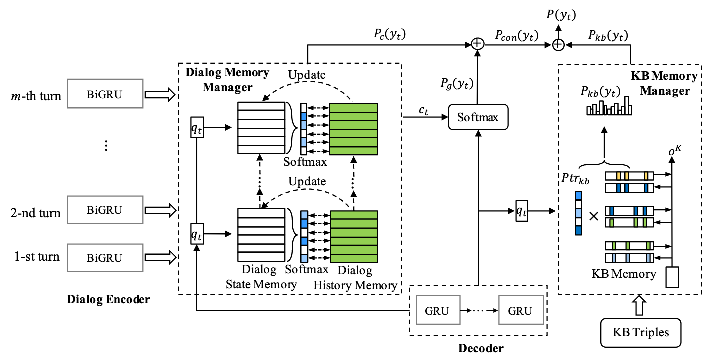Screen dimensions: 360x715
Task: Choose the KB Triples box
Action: [641, 332]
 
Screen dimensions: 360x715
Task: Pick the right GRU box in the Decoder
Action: [519, 311]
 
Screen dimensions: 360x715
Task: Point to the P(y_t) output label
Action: [561, 15]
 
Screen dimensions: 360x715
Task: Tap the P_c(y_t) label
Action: [389, 35]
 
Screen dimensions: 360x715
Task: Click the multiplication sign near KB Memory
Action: [594, 216]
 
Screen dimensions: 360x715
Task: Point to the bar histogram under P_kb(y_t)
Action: [609, 108]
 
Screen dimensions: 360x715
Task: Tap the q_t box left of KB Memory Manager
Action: [521, 212]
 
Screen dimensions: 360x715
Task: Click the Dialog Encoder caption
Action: [108, 300]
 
